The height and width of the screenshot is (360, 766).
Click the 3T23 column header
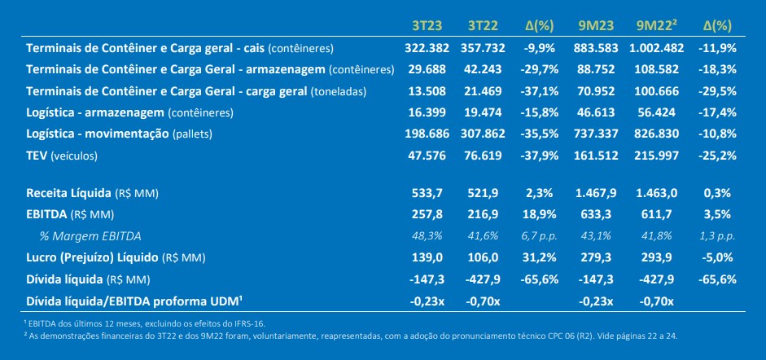427,26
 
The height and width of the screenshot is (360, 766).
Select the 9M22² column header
657,26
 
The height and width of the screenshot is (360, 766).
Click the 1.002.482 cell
657,48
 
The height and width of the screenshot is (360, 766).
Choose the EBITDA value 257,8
427,214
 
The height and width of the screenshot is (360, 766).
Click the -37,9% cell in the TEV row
538,156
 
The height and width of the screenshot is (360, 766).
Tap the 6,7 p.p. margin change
538,236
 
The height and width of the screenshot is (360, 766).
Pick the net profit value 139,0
427,257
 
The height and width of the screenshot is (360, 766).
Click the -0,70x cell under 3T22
483,301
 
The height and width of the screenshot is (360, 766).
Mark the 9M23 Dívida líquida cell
596,279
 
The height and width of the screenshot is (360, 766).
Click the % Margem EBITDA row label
90,236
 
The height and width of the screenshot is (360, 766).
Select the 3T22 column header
483,26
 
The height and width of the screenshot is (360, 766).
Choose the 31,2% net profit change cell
538,257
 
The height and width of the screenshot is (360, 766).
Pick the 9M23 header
596,26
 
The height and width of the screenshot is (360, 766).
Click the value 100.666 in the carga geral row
657,91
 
